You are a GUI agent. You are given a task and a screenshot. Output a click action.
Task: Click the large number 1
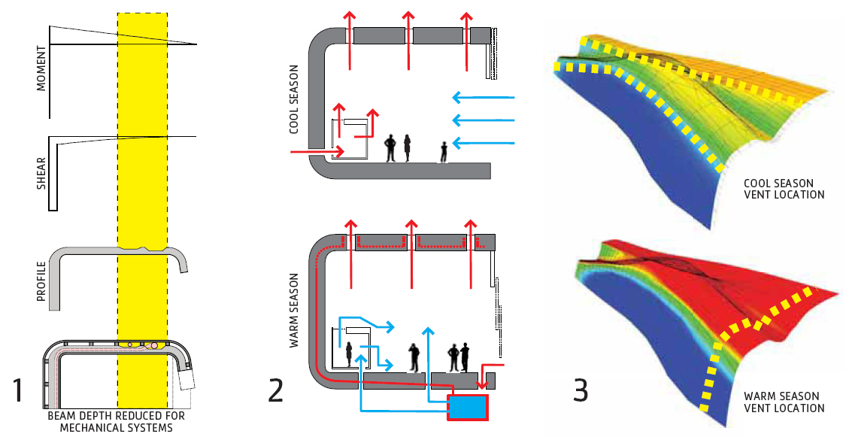tap(18, 390)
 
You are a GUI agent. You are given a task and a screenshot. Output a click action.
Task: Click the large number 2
tap(275, 390)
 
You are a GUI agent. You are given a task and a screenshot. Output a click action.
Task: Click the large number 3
tap(581, 390)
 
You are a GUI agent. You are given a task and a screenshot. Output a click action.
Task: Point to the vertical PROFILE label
tap(41, 281)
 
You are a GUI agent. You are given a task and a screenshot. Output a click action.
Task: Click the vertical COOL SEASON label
tap(294, 99)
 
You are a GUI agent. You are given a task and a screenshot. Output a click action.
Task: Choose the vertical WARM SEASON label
tap(294, 311)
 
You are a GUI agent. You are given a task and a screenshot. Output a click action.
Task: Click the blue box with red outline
tap(468, 408)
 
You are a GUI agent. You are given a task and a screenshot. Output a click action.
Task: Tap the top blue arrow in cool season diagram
tap(484, 98)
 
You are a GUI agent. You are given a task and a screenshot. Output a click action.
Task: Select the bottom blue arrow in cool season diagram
tap(484, 144)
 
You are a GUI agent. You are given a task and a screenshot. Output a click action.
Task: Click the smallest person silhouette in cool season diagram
tap(444, 152)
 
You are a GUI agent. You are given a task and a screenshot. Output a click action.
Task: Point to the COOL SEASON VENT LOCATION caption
tap(784, 189)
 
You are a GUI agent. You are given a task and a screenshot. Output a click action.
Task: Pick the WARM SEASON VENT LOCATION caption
tap(784, 402)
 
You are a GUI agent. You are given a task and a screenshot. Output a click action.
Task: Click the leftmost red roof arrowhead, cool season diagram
tap(350, 17)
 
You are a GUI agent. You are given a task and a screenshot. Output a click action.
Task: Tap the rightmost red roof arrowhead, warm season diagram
tap(471, 224)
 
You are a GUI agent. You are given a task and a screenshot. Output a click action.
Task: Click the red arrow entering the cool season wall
tap(317, 152)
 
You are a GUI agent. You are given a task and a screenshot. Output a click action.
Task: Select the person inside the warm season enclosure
tap(349, 354)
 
